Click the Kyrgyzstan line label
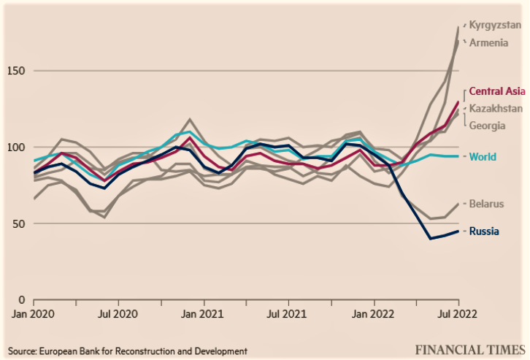click(x=495, y=25)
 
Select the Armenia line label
click(x=488, y=42)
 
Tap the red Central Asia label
click(x=496, y=92)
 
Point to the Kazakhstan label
click(x=496, y=108)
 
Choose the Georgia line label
click(x=488, y=125)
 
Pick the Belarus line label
click(x=486, y=204)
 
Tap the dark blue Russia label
click(x=484, y=231)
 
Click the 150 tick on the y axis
click(x=16, y=72)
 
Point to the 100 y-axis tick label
click(x=16, y=148)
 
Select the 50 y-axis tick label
click(x=19, y=223)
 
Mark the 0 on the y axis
click(x=22, y=299)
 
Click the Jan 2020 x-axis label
click(x=32, y=315)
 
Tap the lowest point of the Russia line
click(x=430, y=238)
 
